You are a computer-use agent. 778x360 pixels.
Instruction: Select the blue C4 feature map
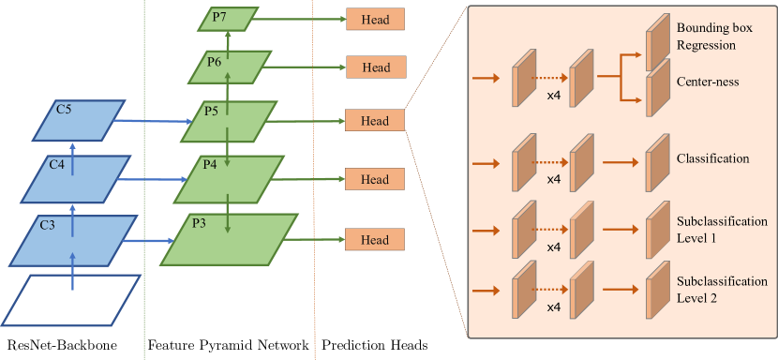(72, 178)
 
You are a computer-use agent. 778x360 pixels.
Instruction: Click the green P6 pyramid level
(231, 67)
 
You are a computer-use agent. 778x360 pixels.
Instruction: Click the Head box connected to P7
(376, 19)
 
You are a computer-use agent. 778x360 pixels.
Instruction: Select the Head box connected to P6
(376, 67)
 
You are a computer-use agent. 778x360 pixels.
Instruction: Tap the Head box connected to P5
(374, 121)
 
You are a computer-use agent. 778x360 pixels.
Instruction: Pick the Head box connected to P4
(375, 179)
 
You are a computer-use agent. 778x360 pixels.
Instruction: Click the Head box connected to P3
(375, 240)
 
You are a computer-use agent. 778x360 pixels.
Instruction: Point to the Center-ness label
(708, 82)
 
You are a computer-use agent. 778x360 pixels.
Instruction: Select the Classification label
(712, 158)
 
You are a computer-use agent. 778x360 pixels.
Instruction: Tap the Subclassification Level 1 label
(722, 230)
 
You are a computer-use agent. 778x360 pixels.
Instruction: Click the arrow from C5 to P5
(156, 121)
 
